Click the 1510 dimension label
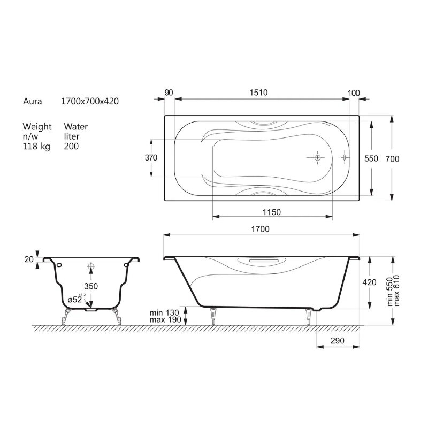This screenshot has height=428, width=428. point(258,93)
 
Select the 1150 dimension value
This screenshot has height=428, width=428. point(272,212)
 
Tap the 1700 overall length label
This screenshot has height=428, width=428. point(260,229)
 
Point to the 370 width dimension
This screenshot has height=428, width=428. point(151,157)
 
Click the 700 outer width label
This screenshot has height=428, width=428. point(392,158)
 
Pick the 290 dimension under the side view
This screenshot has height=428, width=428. point(338,341)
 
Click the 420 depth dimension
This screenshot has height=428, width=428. point(369,282)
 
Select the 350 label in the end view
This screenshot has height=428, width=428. point(91,286)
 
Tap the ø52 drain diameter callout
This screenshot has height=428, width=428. point(75,300)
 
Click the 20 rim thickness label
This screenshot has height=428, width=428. point(29,259)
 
